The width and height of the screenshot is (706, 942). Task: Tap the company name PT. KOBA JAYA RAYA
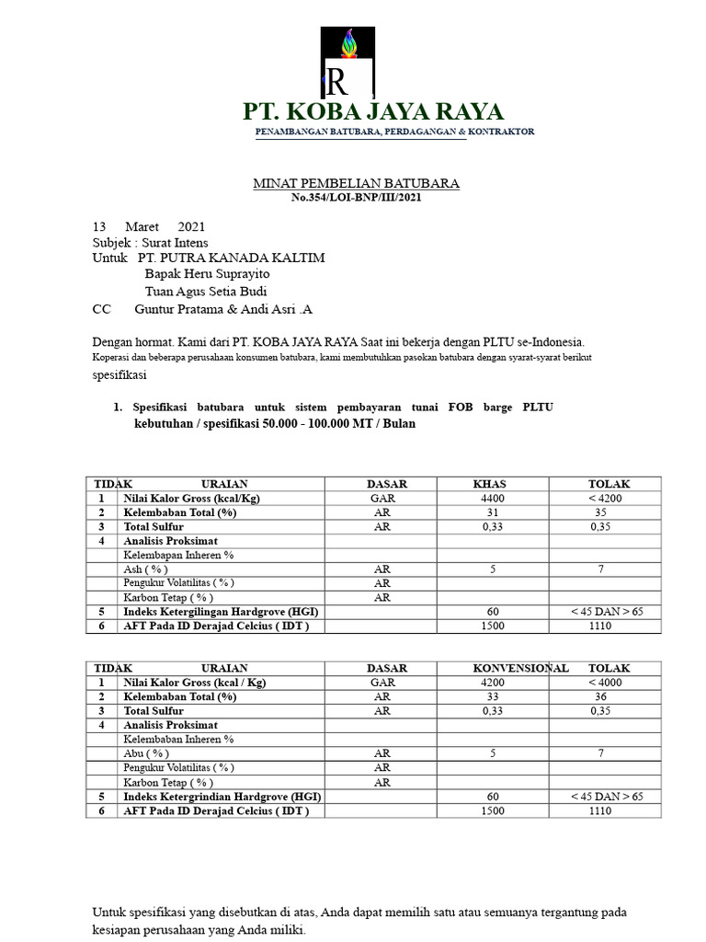pyautogui.click(x=373, y=112)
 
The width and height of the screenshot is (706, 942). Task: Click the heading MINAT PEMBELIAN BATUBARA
pyautogui.click(x=356, y=184)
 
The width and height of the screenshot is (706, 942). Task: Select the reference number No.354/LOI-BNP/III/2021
pyautogui.click(x=356, y=198)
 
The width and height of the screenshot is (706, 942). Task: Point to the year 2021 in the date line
pyautogui.click(x=191, y=226)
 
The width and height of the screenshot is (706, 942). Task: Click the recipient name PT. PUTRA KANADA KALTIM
pyautogui.click(x=230, y=258)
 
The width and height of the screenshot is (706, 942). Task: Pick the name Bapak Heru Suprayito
pyautogui.click(x=208, y=274)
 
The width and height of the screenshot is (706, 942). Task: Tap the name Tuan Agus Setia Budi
pyautogui.click(x=206, y=292)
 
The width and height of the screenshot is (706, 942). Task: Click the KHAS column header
pyautogui.click(x=489, y=484)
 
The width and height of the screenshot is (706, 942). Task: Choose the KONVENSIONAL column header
pyautogui.click(x=520, y=668)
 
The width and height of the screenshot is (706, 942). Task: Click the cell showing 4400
pyautogui.click(x=493, y=498)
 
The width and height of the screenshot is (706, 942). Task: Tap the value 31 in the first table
pyautogui.click(x=493, y=512)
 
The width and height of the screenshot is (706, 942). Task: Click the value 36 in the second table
pyautogui.click(x=600, y=696)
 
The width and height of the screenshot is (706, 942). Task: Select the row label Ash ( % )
pyautogui.click(x=145, y=569)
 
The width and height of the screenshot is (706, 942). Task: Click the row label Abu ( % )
pyautogui.click(x=145, y=753)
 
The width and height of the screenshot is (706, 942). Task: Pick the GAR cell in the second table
pyautogui.click(x=382, y=683)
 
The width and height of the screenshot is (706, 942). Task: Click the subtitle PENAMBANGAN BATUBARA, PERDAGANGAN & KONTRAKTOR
pyautogui.click(x=394, y=132)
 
